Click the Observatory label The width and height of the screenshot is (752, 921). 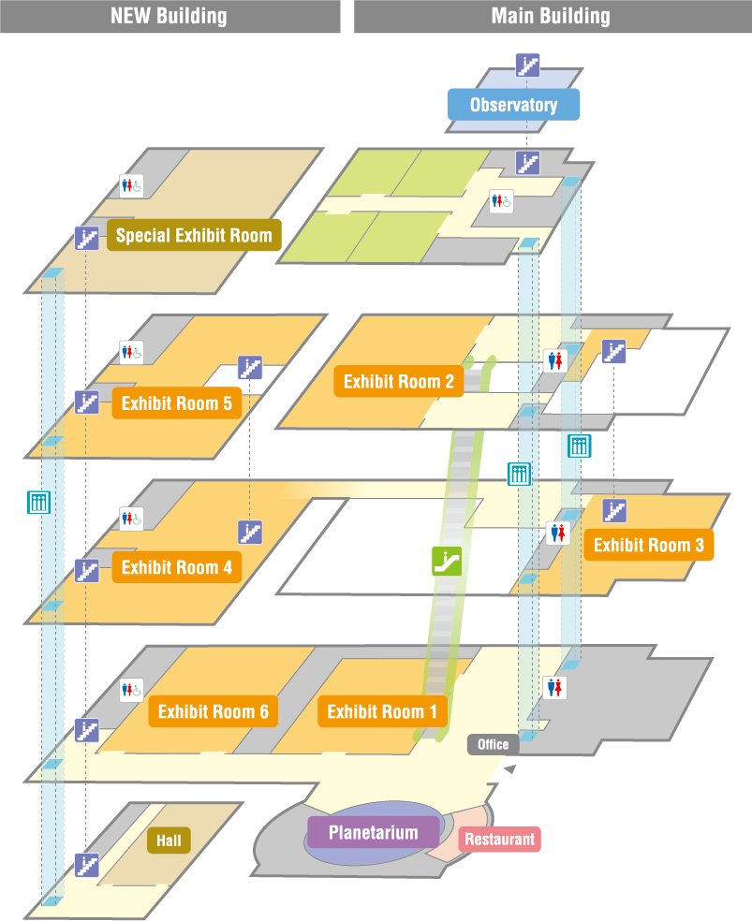click(x=513, y=105)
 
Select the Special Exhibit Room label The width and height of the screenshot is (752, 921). click(x=194, y=235)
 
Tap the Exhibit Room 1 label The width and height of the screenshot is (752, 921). click(x=382, y=712)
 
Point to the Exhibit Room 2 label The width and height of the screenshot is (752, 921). click(x=398, y=381)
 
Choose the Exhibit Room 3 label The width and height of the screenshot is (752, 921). click(x=648, y=545)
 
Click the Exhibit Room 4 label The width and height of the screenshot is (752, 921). click(x=176, y=567)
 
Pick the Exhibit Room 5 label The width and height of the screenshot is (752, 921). click(x=176, y=404)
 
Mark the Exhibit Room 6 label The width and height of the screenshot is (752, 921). click(x=213, y=712)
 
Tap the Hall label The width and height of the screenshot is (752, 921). click(x=169, y=841)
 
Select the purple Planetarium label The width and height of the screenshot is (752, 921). click(x=374, y=832)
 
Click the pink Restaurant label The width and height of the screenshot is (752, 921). click(x=499, y=840)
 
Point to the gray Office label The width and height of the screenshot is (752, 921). click(x=493, y=745)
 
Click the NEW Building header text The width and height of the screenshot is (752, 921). click(x=169, y=16)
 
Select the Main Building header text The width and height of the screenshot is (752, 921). click(x=551, y=16)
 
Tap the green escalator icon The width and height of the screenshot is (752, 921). click(x=447, y=561)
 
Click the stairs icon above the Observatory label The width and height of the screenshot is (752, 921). click(x=528, y=65)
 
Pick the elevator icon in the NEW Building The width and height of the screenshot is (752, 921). click(x=38, y=503)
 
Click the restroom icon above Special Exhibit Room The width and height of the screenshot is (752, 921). click(x=131, y=185)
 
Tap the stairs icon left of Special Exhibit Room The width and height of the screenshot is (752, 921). click(x=87, y=238)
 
